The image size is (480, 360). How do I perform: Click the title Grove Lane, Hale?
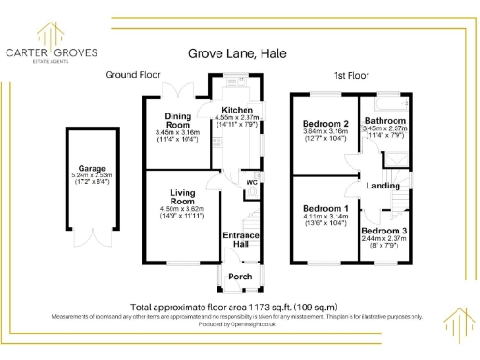point(239,55)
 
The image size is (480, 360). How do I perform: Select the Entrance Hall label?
point(240,240)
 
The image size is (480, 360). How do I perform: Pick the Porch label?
point(238,277)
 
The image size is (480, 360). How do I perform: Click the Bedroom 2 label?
point(325,123)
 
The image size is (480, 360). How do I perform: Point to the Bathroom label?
point(384,121)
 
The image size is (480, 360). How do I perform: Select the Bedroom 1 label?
point(324,208)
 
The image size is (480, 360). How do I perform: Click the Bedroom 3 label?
point(383,231)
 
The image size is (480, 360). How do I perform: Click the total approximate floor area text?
point(232,307)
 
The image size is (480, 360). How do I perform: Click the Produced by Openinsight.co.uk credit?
point(239,323)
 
